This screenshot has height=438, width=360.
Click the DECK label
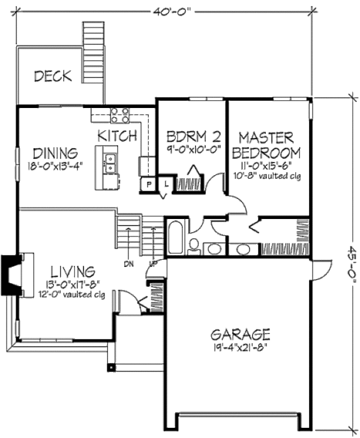[x=53, y=76]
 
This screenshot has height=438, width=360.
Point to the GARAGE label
[x=241, y=334]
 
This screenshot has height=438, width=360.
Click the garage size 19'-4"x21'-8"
[x=241, y=346]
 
